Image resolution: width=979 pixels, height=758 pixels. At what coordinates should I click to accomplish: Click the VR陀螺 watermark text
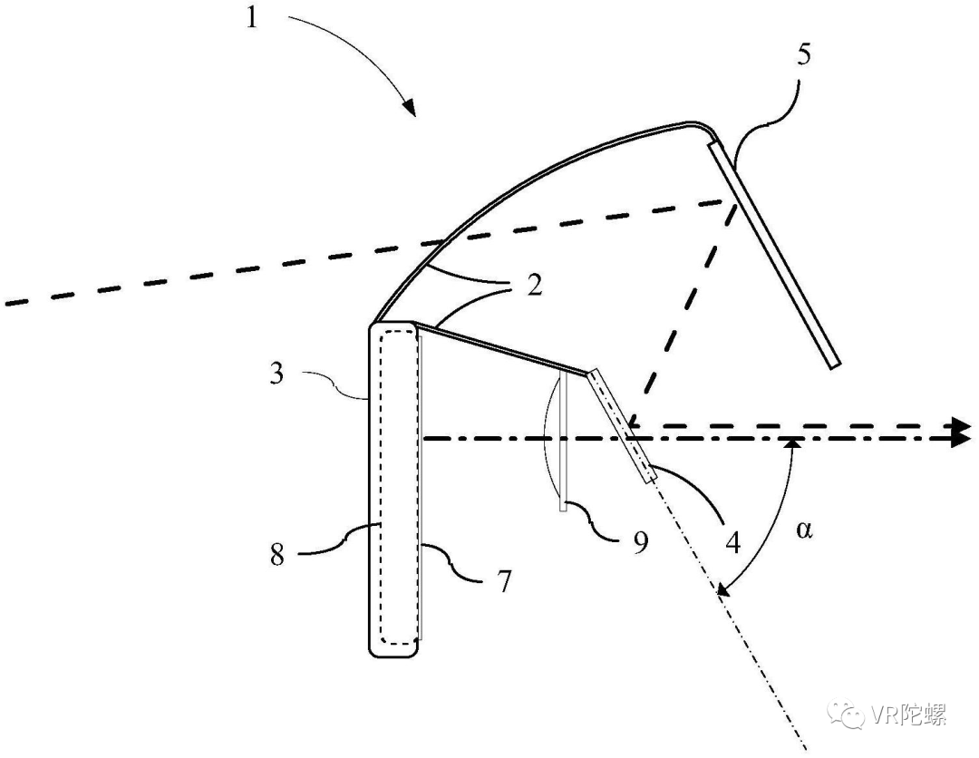click(910, 715)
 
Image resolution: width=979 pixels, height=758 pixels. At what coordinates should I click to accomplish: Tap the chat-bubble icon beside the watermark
click(854, 715)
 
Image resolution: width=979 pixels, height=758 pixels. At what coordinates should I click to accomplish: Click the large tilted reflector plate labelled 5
click(775, 254)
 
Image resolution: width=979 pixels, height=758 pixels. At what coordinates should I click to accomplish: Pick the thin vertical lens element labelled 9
click(563, 444)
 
